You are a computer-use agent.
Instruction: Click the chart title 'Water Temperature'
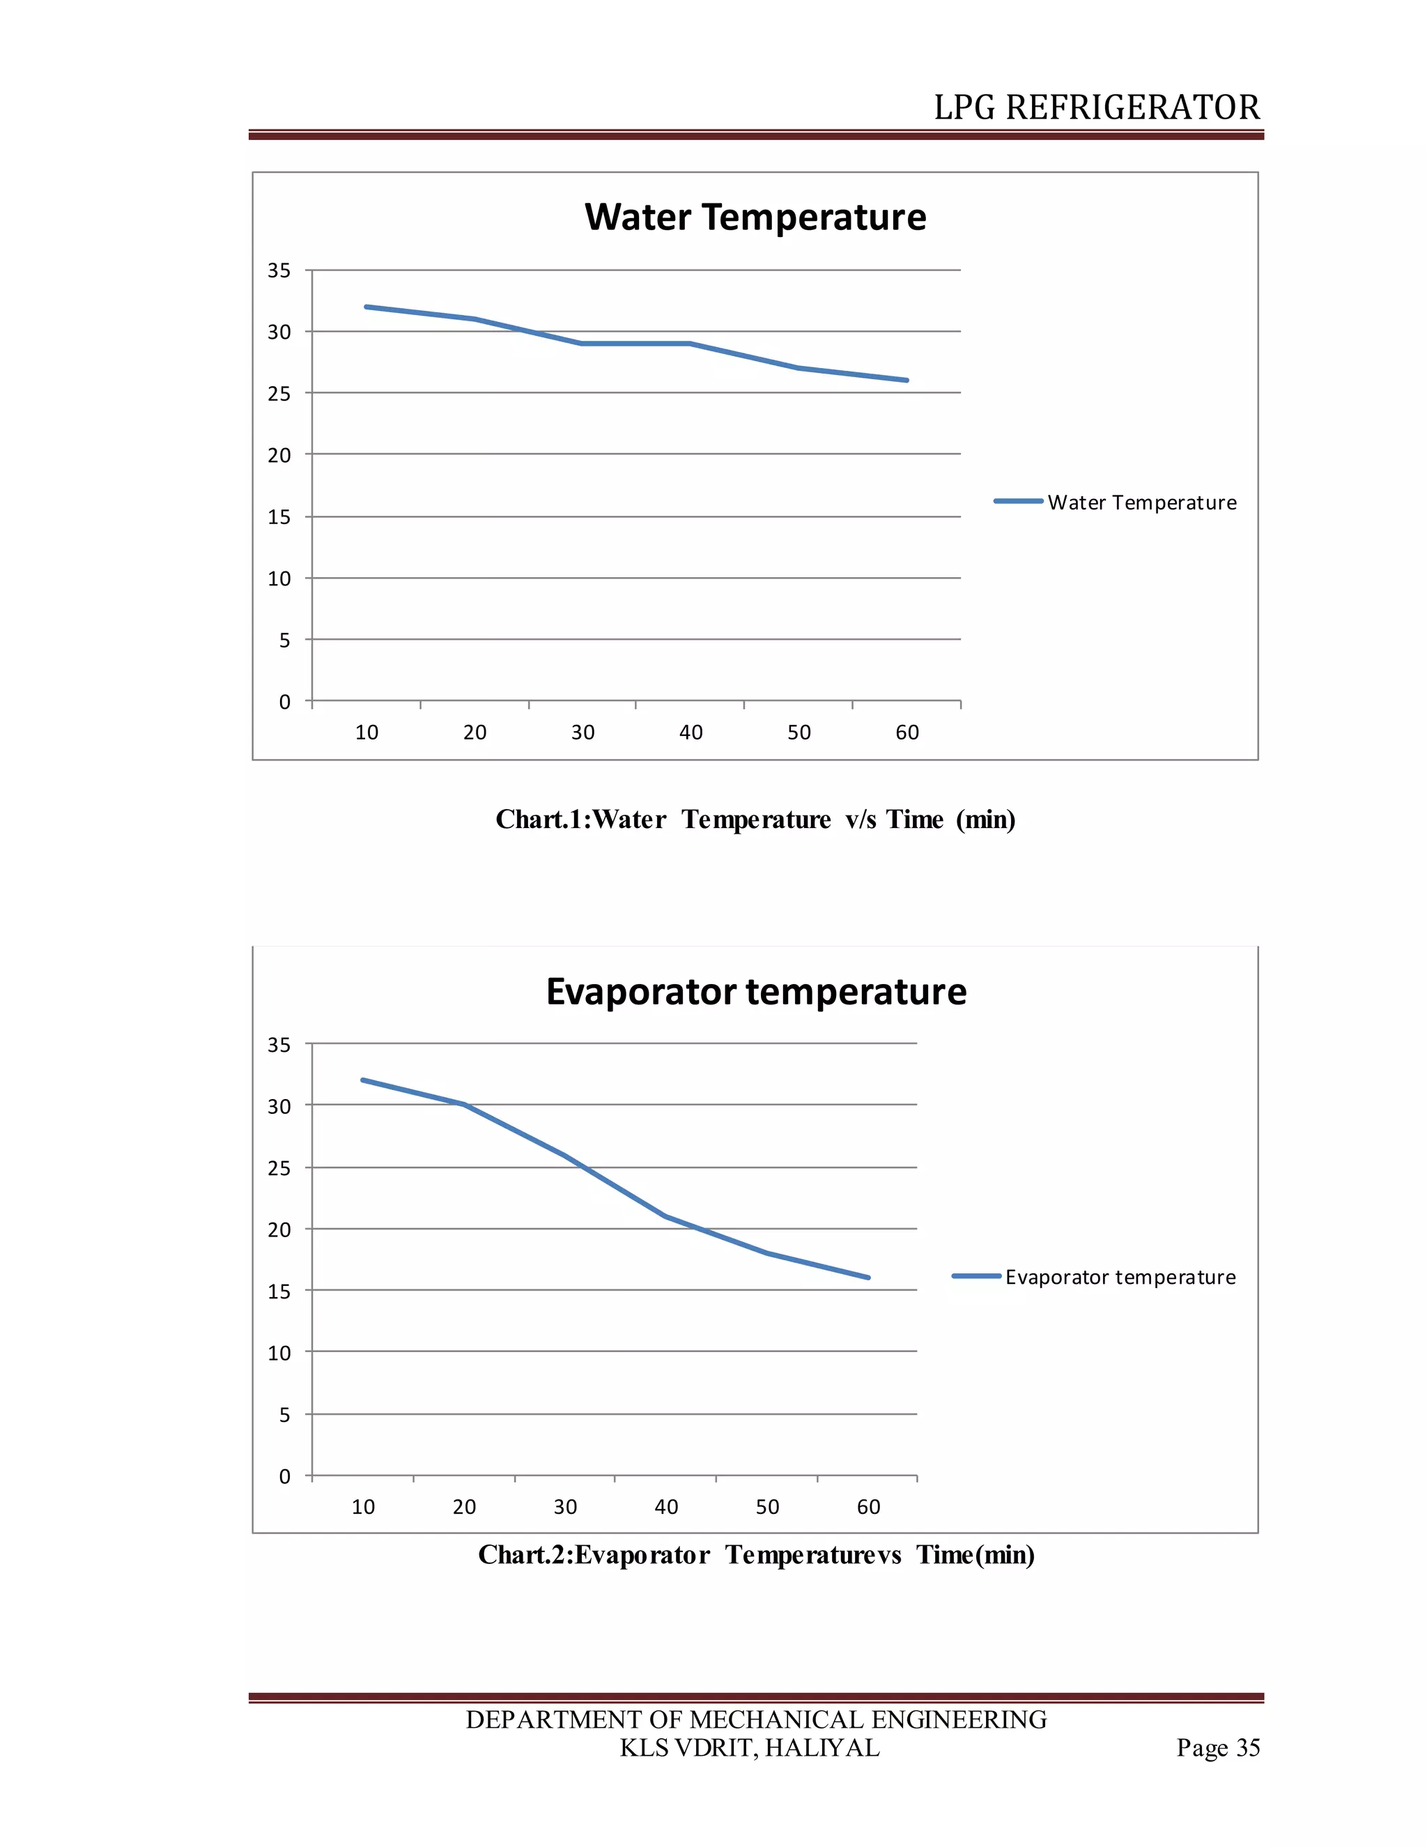click(x=755, y=217)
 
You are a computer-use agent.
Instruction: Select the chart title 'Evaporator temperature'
click(x=756, y=991)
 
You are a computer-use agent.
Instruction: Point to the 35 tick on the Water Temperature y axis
click(x=279, y=270)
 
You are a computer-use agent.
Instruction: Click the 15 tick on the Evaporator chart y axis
click(x=279, y=1292)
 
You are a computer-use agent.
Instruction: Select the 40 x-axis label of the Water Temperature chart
click(x=691, y=733)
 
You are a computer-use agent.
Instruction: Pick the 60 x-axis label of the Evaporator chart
click(x=868, y=1506)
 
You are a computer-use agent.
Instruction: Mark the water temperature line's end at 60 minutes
click(x=907, y=381)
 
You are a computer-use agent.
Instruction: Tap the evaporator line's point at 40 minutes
click(x=665, y=1216)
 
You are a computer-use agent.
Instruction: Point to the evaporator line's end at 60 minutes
click(x=867, y=1277)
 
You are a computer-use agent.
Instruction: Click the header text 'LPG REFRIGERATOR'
click(x=1097, y=107)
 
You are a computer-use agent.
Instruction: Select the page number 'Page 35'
click(x=1217, y=1747)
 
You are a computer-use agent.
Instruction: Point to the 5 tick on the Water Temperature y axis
click(x=285, y=641)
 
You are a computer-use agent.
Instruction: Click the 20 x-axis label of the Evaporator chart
click(x=464, y=1506)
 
